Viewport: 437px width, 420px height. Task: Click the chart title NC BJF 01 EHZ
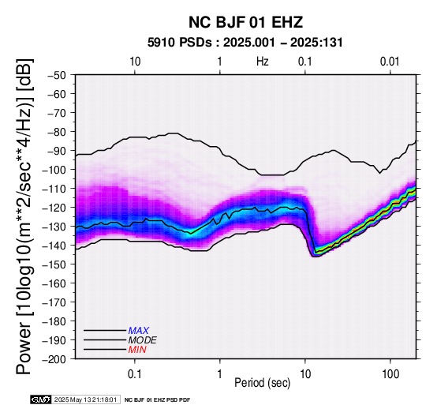[245, 22]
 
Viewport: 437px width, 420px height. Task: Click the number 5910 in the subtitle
[161, 43]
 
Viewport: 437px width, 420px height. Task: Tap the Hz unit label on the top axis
[262, 62]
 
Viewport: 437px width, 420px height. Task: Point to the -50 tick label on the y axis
[57, 75]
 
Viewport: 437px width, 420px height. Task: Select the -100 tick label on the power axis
[54, 170]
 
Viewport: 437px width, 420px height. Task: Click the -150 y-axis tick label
[54, 264]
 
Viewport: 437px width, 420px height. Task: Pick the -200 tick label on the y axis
[54, 359]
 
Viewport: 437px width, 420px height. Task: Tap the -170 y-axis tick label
[54, 302]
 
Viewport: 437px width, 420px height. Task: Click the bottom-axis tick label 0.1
[134, 374]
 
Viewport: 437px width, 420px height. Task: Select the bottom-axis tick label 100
[390, 374]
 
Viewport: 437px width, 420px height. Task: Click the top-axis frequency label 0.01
[390, 62]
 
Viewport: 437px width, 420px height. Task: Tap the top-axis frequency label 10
[135, 62]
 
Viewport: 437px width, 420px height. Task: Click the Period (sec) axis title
[262, 383]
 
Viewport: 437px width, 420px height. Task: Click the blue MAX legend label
[139, 331]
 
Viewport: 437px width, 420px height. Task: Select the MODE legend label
[143, 340]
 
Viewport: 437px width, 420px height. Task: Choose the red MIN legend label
[137, 350]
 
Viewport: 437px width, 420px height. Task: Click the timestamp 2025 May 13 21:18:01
[85, 399]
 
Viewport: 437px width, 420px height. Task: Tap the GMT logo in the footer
[41, 399]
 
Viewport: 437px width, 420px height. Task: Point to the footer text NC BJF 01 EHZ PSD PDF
[157, 400]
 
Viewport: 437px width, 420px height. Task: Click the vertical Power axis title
[24, 216]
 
